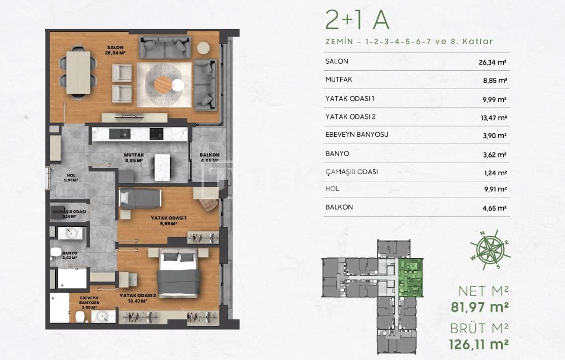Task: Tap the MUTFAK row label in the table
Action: coord(339,79)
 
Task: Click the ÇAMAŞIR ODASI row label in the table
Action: coord(351,172)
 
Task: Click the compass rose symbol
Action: coord(490,250)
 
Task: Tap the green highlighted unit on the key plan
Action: coord(410,277)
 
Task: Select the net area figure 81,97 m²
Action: coord(479,307)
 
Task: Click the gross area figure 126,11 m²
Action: coord(478,345)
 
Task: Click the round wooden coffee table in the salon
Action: coord(163,85)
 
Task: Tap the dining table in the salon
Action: coord(78,73)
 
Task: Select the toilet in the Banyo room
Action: coord(56,252)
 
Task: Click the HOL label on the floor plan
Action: coord(71,175)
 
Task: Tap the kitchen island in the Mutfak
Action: coord(163,167)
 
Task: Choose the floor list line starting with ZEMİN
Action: coord(409,42)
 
